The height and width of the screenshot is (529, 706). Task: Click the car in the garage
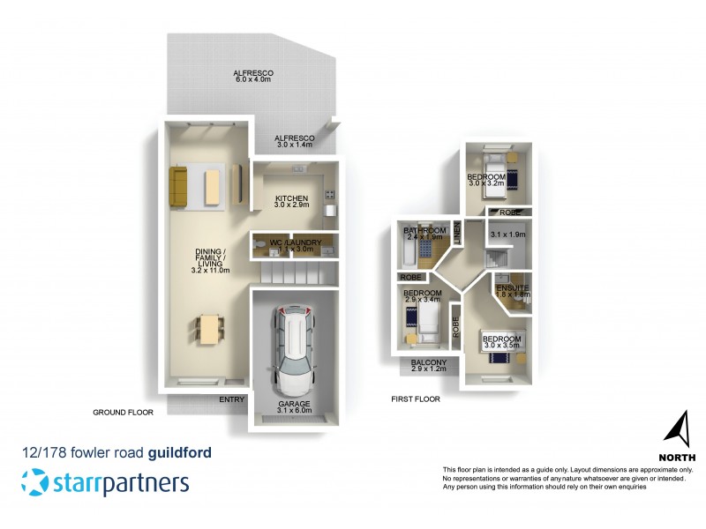290,349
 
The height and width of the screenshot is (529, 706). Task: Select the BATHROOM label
424,234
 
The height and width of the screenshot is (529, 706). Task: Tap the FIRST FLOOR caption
416,399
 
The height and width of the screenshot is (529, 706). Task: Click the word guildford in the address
179,453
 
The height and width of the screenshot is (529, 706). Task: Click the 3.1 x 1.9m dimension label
507,235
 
